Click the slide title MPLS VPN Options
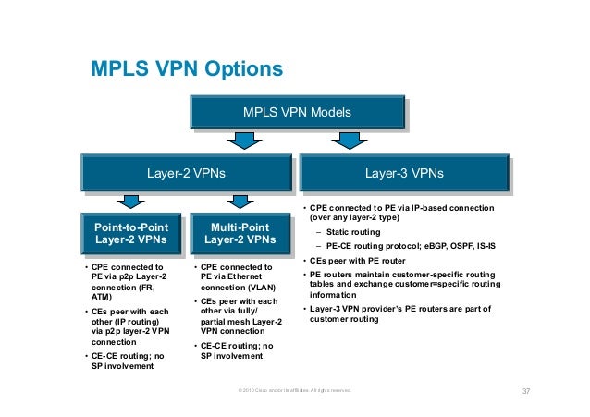coord(185,70)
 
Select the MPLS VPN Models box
coord(296,113)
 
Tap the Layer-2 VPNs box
coord(186,172)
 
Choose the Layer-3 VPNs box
coord(404,172)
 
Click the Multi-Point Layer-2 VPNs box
coord(240,232)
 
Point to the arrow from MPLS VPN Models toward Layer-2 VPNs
coord(241,140)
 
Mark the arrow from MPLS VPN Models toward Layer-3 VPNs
coord(350,140)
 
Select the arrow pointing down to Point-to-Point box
coord(131,200)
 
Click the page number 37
coord(526,391)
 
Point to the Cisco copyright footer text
coord(295,392)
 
